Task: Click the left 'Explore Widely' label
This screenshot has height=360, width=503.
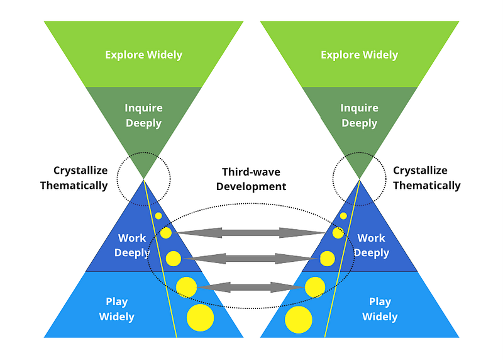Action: (x=143, y=55)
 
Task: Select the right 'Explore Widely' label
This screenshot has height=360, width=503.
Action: (x=359, y=55)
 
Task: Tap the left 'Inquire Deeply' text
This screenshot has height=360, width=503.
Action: (x=143, y=115)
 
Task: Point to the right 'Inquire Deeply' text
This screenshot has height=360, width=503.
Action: (x=359, y=115)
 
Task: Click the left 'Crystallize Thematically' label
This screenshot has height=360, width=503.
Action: (x=74, y=178)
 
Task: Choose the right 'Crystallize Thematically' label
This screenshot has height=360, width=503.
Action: (x=426, y=178)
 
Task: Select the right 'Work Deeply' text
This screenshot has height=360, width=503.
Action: (x=371, y=245)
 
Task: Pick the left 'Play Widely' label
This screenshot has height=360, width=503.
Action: (x=116, y=309)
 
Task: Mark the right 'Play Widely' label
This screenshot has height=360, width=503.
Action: (x=380, y=309)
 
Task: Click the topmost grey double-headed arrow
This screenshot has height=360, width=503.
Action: (x=251, y=233)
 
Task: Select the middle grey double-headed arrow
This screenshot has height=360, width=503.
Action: (x=250, y=258)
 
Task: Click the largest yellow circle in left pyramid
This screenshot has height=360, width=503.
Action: (x=200, y=318)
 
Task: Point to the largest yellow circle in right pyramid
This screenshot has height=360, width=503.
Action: (x=299, y=320)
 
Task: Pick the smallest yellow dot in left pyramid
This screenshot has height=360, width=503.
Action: (x=158, y=216)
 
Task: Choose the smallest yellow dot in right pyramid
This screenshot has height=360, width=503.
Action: (x=343, y=216)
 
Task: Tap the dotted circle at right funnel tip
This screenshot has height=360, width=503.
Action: (x=359, y=177)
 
